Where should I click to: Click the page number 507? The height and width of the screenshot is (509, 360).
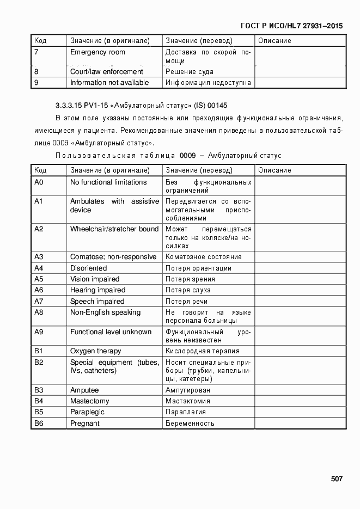336,479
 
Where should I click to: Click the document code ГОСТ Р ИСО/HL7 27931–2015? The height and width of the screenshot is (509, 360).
291,26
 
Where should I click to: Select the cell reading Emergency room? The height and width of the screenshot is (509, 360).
97,52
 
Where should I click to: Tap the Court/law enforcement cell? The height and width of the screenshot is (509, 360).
107,71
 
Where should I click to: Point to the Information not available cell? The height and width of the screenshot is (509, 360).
109,83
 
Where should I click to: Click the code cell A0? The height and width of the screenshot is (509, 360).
39,182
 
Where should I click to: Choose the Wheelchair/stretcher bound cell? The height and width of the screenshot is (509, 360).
114,229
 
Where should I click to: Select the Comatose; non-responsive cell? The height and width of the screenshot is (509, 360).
113,257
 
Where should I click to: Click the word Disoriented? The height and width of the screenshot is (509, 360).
88,268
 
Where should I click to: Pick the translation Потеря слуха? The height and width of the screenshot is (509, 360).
188,290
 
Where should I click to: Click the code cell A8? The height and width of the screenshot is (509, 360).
39,312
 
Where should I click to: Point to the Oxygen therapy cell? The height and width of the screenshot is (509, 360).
95,351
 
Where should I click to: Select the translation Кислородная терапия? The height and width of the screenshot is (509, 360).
202,351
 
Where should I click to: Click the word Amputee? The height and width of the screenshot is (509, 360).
84,390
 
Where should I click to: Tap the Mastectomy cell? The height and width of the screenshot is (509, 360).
89,401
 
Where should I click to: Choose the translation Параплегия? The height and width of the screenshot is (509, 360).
185,412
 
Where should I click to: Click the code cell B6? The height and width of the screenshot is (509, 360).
39,424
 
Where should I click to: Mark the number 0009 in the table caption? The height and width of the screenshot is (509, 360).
188,156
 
